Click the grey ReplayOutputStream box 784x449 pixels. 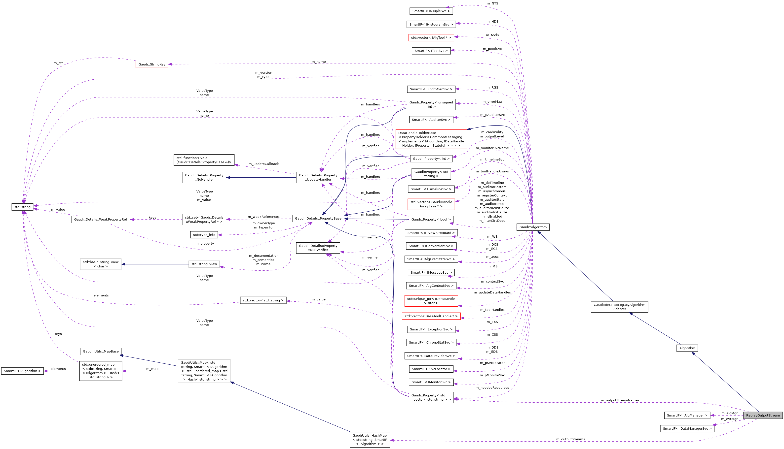click(x=763, y=415)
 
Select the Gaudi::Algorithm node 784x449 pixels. click(x=533, y=227)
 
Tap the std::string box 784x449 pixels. click(x=22, y=207)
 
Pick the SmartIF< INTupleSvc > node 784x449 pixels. click(x=431, y=11)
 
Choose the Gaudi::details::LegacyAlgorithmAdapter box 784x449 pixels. click(x=619, y=307)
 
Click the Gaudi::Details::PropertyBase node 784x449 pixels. click(x=318, y=218)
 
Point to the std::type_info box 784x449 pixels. click(x=204, y=235)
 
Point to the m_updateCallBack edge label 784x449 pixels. click(x=263, y=164)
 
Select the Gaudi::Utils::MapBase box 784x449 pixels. click(x=101, y=351)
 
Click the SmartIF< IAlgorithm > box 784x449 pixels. click(x=22, y=371)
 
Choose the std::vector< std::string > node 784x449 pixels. click(x=263, y=300)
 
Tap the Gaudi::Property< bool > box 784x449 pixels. click(x=431, y=219)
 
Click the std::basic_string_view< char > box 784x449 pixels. click(x=101, y=264)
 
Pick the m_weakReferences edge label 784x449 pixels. click(x=263, y=217)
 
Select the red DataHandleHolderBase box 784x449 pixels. click(x=431, y=139)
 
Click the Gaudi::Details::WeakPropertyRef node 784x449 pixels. click(x=101, y=219)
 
